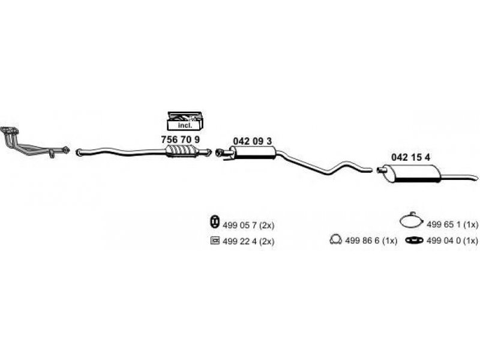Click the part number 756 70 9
coord(181,140)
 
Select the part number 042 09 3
coord(252,141)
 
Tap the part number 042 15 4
coord(410,157)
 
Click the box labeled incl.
coord(185,122)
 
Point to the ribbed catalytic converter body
coord(181,151)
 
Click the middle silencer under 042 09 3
coord(253,152)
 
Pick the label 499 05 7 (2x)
coord(248,226)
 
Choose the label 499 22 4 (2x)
coord(248,241)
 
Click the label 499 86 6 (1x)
coord(371,241)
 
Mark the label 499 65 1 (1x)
coord(452,224)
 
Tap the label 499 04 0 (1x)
coord(452,241)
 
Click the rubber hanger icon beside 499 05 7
coord(214,221)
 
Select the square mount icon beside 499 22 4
coord(215,241)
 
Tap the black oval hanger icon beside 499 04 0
coord(414,241)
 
